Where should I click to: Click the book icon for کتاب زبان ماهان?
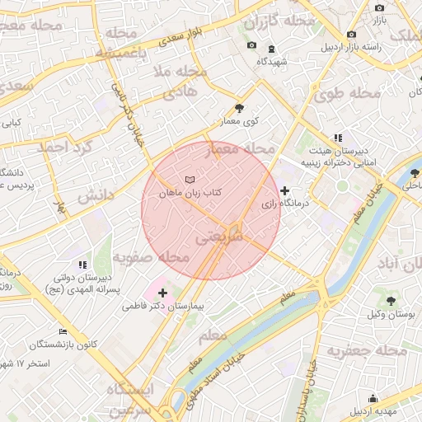pos(190,179)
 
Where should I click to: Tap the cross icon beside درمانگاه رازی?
pos(285,190)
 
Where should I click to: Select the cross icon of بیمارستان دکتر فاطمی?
pos(162,292)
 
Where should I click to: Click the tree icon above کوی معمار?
pos(239,107)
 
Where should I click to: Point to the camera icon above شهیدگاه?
pos(251,45)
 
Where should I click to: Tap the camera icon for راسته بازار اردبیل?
pos(352,34)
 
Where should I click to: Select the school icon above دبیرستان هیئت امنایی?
pos(337,138)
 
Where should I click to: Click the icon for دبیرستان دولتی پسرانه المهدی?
pos(82,265)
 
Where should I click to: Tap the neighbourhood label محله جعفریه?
pos(368,351)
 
